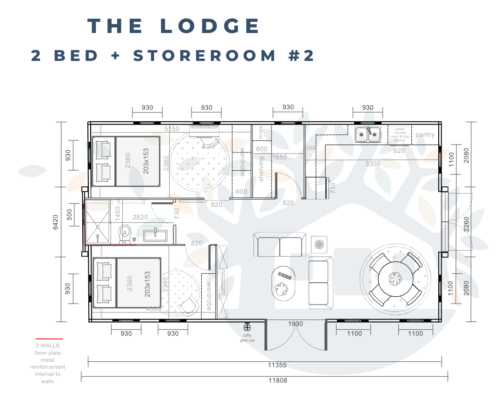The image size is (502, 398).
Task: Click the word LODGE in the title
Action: tap(210, 26)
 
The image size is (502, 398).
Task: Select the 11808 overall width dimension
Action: tap(277, 380)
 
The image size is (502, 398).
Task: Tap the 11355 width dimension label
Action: tap(277, 365)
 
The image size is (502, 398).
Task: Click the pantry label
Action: tap(425, 135)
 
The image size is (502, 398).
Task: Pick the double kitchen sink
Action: tap(367, 134)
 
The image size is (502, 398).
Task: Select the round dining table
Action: tap(396, 279)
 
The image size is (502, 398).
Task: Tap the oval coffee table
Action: tap(283, 282)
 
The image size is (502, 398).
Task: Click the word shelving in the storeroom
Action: tap(261, 169)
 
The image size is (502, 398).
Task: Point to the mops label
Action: tap(261, 133)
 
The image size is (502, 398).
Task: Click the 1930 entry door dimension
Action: tap(295, 324)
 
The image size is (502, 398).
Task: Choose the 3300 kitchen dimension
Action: tap(373, 164)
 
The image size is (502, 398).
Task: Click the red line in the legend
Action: tap(49, 339)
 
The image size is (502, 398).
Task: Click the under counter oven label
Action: tap(400, 134)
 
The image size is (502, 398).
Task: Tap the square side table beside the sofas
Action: tap(319, 244)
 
